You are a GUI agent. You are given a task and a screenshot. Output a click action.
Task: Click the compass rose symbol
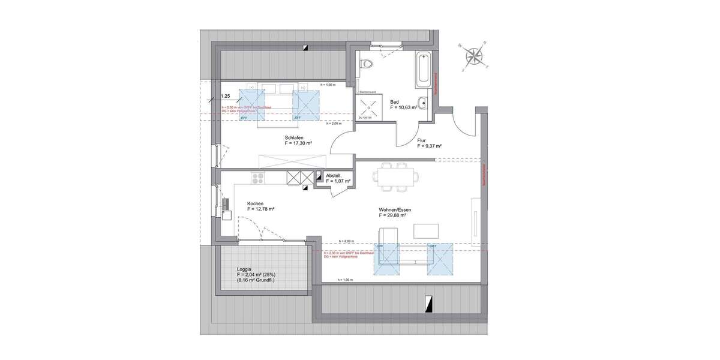(x=475, y=56)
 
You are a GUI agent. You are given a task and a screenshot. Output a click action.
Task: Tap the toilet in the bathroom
(x=367, y=64)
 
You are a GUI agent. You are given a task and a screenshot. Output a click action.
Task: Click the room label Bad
(x=394, y=102)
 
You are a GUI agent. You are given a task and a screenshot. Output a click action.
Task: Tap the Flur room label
(x=422, y=140)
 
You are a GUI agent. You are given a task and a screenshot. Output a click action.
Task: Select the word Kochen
(x=255, y=203)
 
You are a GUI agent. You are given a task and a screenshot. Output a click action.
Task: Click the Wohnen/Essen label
(x=394, y=209)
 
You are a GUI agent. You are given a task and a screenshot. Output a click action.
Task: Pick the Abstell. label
(x=334, y=176)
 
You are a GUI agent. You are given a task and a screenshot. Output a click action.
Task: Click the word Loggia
(x=244, y=269)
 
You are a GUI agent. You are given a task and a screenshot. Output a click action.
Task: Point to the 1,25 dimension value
(x=226, y=96)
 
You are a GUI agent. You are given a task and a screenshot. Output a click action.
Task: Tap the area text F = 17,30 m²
(x=299, y=143)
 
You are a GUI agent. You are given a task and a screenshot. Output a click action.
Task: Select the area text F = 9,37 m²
(x=430, y=146)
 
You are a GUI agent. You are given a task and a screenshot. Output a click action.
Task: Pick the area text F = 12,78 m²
(x=261, y=209)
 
